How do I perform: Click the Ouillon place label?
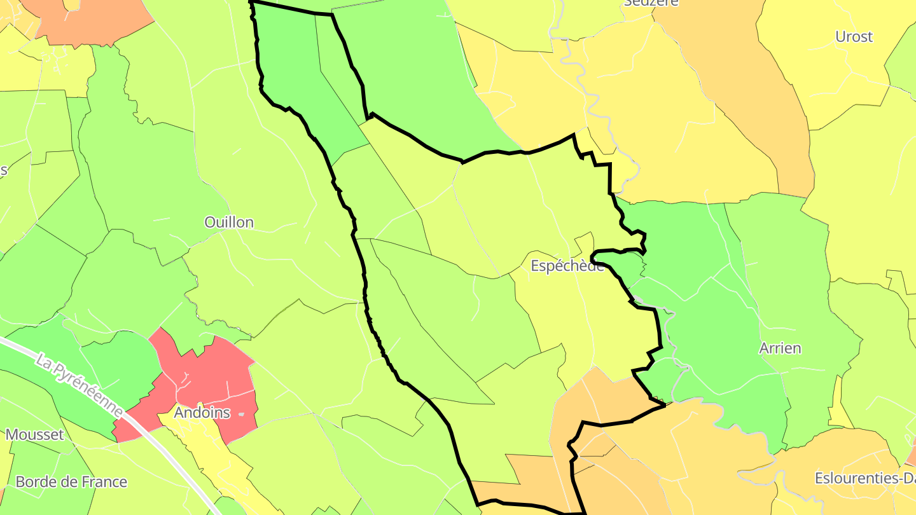(x=229, y=223)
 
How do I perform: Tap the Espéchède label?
(x=567, y=266)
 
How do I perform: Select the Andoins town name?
(x=202, y=413)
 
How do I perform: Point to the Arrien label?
(x=780, y=348)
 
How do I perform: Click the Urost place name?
(x=854, y=37)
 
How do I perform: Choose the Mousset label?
(x=35, y=435)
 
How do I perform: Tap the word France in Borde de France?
(x=104, y=482)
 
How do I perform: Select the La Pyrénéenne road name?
(x=80, y=387)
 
